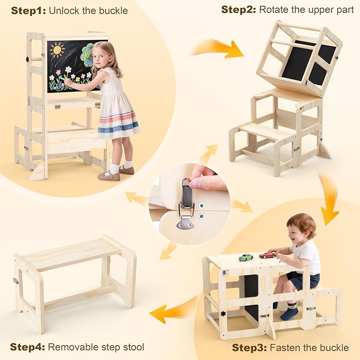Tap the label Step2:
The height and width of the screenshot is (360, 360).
click(238, 10)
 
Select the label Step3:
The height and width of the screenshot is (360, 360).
click(249, 347)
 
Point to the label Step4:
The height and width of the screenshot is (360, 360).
click(27, 347)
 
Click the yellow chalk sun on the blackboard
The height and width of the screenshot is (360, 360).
click(56, 51)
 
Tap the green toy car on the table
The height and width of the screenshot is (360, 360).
click(245, 257)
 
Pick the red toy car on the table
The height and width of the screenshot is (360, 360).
click(267, 254)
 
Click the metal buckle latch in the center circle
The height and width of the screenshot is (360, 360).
click(187, 204)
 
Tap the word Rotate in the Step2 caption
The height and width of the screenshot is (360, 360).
click(276, 10)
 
